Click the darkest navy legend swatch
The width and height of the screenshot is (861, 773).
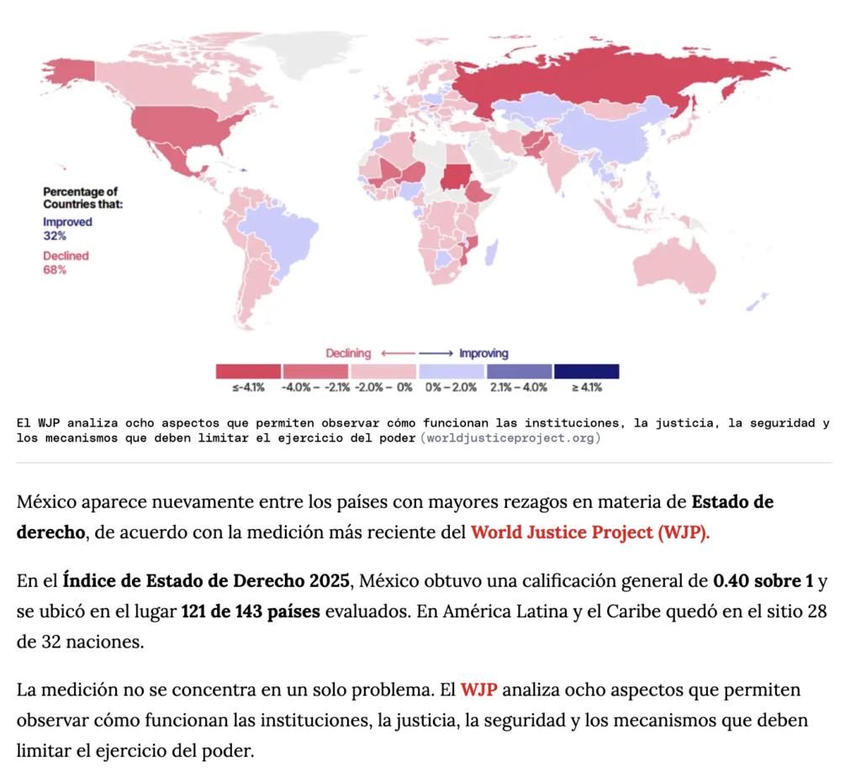(586, 372)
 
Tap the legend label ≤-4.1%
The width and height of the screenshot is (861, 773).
(248, 387)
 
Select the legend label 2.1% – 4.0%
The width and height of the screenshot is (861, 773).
(519, 387)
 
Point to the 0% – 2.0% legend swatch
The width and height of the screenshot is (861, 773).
(452, 372)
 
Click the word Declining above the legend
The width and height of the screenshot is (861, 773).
(348, 353)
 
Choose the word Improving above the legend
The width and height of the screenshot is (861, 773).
(483, 353)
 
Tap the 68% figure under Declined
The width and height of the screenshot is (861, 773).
(55, 270)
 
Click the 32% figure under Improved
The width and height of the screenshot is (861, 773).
(55, 236)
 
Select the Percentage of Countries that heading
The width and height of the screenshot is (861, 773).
(83, 198)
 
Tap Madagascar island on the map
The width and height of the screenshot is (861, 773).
(492, 251)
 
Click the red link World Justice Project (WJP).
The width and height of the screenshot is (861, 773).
(590, 532)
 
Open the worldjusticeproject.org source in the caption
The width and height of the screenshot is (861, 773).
(510, 438)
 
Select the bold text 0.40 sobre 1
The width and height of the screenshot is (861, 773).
(763, 580)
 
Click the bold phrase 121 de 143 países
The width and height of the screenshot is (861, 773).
(251, 611)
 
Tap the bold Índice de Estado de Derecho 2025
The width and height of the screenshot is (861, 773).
(206, 580)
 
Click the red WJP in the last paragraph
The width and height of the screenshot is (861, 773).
(478, 690)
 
